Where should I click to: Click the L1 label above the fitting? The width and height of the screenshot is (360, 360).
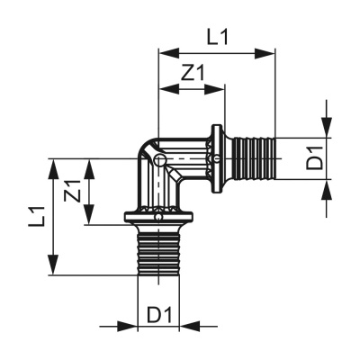[x=217, y=37]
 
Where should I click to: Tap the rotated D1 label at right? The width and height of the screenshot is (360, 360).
[x=314, y=161]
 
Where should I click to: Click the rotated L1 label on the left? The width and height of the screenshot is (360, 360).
[x=37, y=216]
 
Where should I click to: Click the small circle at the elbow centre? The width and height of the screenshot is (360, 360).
[x=158, y=160]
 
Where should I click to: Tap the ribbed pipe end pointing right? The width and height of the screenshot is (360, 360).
[x=249, y=159]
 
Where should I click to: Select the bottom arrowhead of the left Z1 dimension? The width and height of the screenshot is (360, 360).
[x=89, y=220]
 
